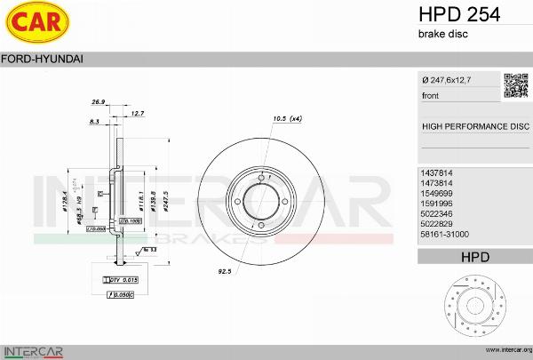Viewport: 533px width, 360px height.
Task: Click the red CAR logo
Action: [x=33, y=24]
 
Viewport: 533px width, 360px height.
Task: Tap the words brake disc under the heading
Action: [x=442, y=34]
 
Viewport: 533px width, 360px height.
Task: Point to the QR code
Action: [x=516, y=85]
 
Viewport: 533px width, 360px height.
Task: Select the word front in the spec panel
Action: [x=431, y=95]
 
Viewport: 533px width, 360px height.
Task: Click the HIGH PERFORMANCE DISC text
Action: [x=474, y=126]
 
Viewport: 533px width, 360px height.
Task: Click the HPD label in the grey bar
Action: [x=474, y=257]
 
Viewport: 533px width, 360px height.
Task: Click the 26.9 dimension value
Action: [x=98, y=102]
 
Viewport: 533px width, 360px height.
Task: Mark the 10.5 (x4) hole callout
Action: [x=287, y=118]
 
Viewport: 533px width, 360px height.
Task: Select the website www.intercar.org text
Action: [x=504, y=351]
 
